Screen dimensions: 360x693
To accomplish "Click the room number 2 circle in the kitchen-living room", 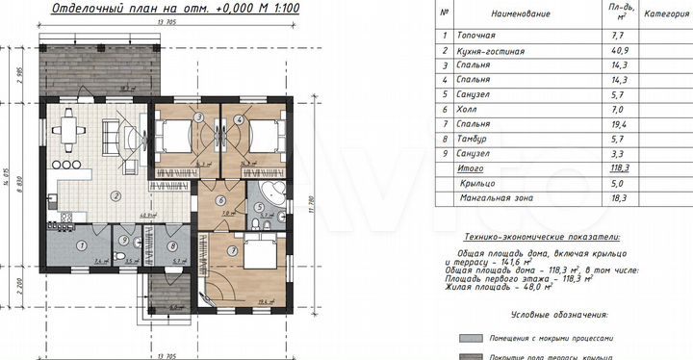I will [x=115, y=195].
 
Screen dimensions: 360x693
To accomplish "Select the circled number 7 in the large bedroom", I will [x=233, y=251].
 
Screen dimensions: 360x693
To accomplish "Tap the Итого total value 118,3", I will [x=615, y=166].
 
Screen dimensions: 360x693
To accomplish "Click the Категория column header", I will [x=664, y=14].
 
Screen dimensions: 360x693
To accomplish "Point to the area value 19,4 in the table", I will [x=615, y=123].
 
